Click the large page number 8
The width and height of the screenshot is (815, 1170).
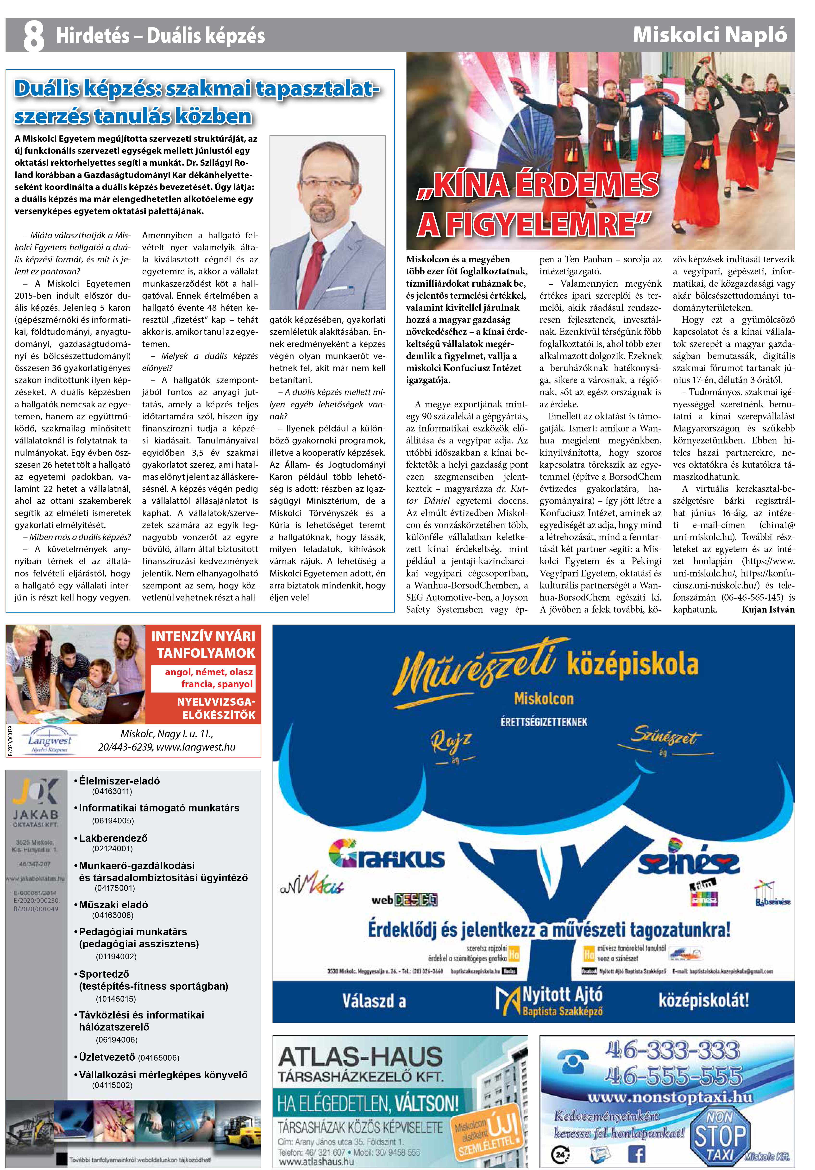[x=34, y=36]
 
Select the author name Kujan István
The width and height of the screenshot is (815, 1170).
[x=768, y=609]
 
